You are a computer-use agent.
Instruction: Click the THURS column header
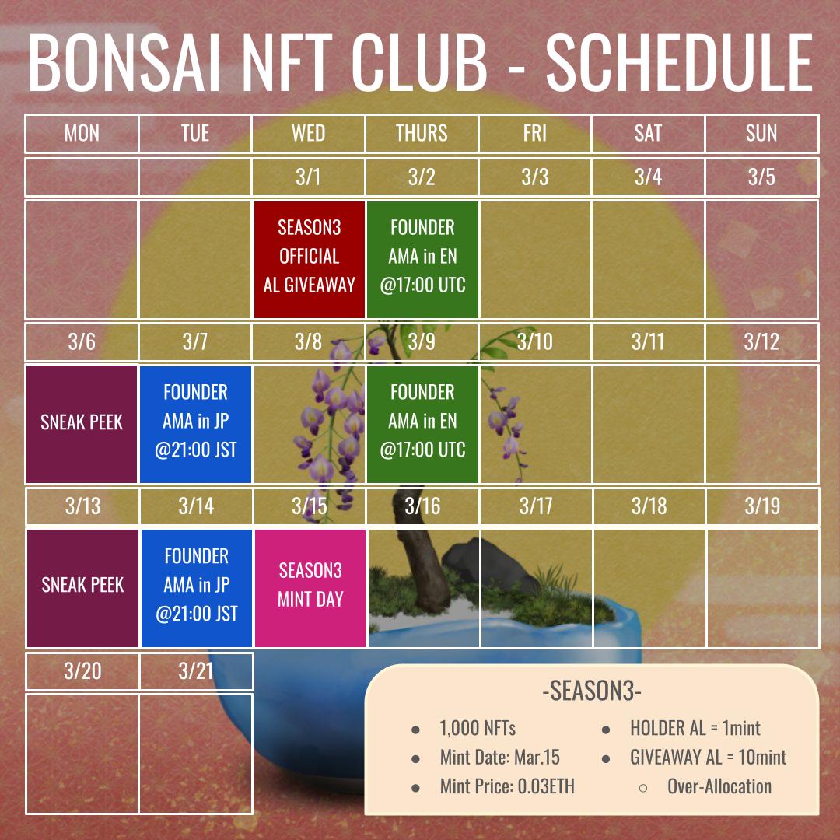pos(421,134)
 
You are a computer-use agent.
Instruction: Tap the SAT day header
pos(648,134)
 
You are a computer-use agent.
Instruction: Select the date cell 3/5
pos(761,177)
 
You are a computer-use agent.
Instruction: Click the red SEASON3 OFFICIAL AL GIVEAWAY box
pos(309,259)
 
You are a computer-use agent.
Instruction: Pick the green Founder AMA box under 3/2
pos(422,259)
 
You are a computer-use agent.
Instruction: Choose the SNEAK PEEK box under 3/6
pos(82,424)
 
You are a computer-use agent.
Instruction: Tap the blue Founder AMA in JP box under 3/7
pos(195,424)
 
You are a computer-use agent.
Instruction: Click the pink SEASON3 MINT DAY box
pos(310,588)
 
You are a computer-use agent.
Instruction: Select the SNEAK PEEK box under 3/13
pos(82,588)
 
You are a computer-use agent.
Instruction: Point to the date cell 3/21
pos(195,670)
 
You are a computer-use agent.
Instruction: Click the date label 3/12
pos(761,341)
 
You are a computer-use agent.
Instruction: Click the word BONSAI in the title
pos(124,63)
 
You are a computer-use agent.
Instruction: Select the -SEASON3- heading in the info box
pos(592,691)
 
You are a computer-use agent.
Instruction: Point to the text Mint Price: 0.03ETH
pos(507,786)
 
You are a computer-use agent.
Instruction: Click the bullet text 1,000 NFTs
pos(478,728)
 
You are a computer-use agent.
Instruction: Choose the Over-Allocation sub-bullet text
pos(719,786)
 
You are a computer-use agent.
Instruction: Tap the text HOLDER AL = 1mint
pos(695,728)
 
